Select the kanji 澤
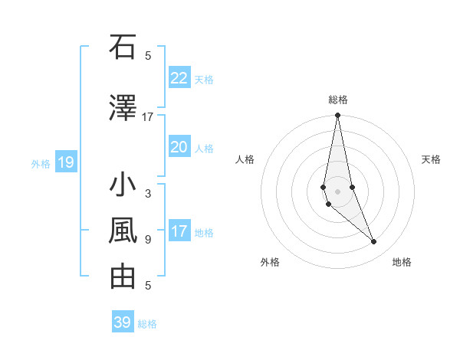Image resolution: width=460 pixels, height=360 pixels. tap(123, 109)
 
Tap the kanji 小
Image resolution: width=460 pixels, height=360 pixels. tap(123, 185)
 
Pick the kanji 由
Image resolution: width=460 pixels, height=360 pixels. tap(123, 277)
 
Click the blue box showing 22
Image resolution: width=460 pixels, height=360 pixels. tap(179, 78)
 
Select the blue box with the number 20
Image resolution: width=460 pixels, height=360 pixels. tap(179, 147)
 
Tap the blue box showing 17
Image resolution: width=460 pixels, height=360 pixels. tap(179, 231)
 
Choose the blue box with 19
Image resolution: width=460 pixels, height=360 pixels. tap(65, 162)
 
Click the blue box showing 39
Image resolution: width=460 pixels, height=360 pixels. tap(122, 322)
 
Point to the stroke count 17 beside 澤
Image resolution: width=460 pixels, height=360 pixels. tap(148, 117)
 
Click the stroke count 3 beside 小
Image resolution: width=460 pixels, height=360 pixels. tap(148, 194)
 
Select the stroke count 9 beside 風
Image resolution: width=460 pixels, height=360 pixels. tap(148, 240)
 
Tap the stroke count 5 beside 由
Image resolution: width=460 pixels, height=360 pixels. tap(148, 286)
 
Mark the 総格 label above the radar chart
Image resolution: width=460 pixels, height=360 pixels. tap(338, 100)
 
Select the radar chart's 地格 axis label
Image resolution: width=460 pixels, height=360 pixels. tap(402, 262)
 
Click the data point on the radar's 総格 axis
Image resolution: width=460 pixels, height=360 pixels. tap(337, 116)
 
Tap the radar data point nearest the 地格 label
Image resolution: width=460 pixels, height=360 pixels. tap(374, 242)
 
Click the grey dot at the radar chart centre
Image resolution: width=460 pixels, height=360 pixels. tap(337, 191)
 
